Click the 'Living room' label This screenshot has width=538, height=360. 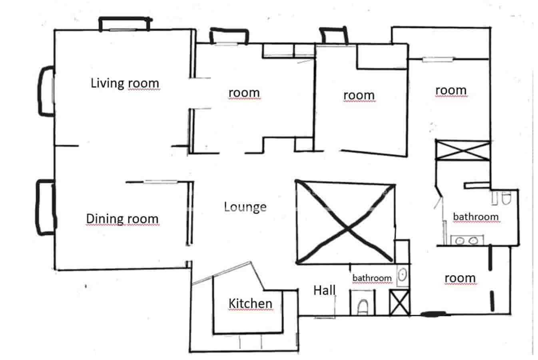[x=125, y=83]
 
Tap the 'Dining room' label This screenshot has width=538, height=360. [x=122, y=219]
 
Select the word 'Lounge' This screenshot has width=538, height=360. [x=245, y=207]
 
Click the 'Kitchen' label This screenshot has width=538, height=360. [x=250, y=304]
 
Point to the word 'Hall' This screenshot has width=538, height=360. [x=324, y=290]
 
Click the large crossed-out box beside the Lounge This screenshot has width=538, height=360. [x=345, y=222]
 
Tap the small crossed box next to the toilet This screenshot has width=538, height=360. [x=399, y=303]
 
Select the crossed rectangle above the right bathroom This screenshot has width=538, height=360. [x=462, y=150]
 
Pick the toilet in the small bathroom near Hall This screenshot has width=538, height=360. [x=363, y=307]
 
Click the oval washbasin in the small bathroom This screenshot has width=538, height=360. [x=403, y=275]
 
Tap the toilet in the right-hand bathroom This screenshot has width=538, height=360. [x=506, y=198]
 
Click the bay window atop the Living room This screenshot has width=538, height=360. [x=124, y=24]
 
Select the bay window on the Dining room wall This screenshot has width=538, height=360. [x=45, y=207]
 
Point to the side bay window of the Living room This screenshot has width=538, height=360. [x=46, y=91]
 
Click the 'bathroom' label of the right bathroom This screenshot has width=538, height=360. [x=476, y=217]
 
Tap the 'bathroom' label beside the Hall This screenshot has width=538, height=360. [x=372, y=278]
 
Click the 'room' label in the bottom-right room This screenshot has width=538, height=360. [x=460, y=278]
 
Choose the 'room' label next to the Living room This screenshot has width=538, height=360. [x=244, y=93]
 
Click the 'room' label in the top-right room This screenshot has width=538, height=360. [x=451, y=90]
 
